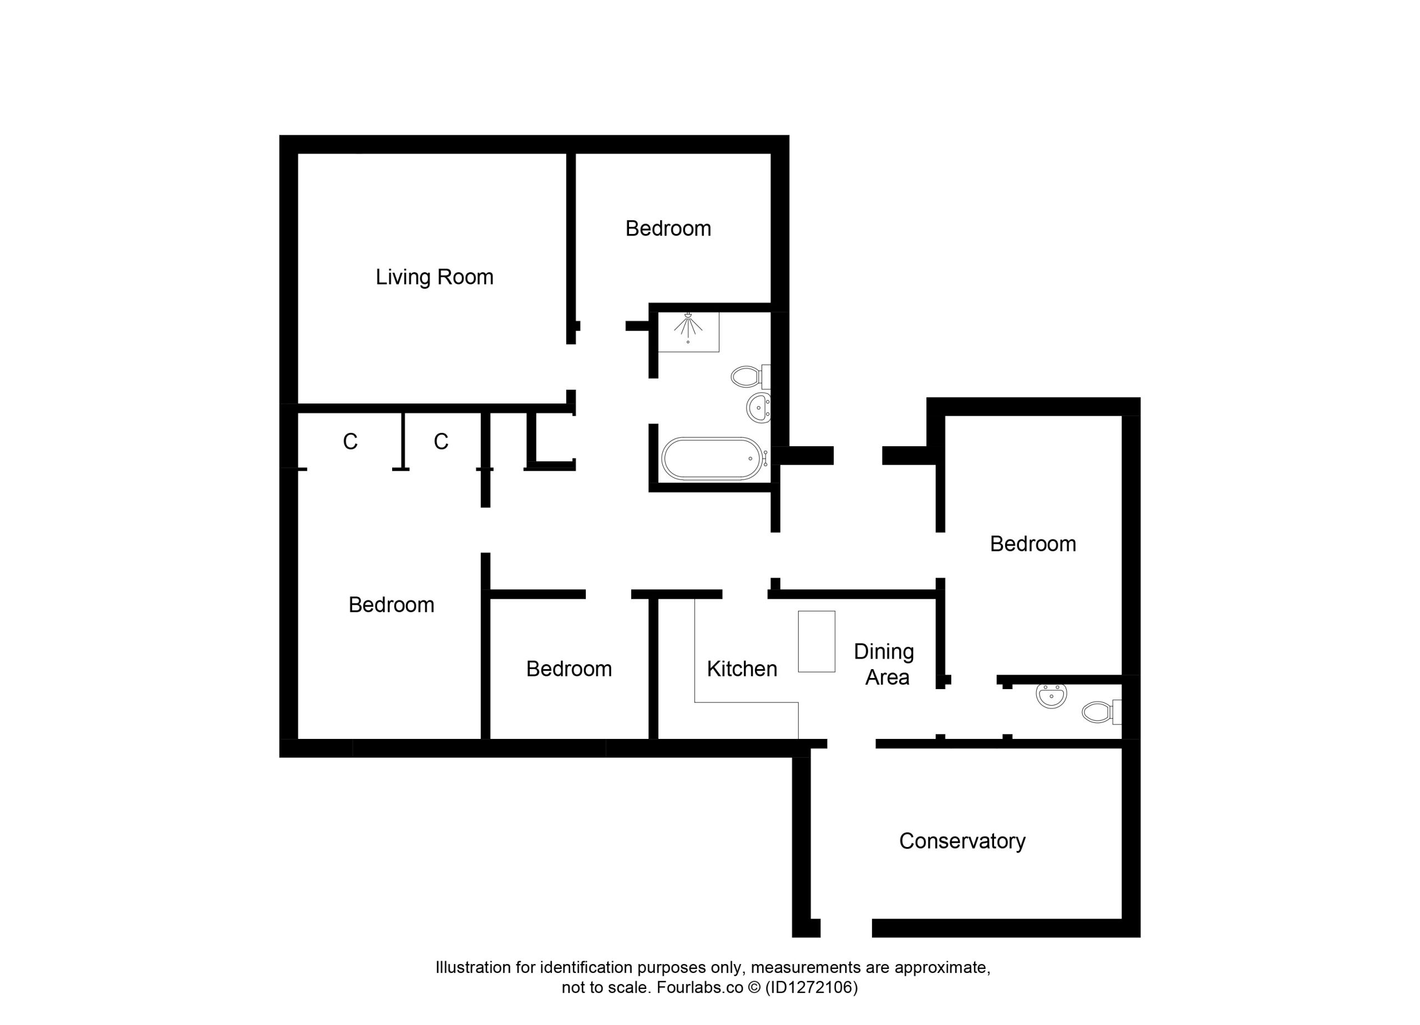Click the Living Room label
point(434,277)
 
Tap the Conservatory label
point(962,841)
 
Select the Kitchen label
point(742,669)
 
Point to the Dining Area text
point(884,664)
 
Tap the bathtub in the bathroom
point(713,458)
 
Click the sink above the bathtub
point(759,408)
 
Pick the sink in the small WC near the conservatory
point(1051,696)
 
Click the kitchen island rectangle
point(816,641)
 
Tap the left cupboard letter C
point(350,442)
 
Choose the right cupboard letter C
point(441,442)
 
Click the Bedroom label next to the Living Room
point(668,228)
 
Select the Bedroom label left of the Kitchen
point(569,669)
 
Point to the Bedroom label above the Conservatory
point(1033,544)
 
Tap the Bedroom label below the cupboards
point(391,604)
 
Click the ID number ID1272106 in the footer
point(811,987)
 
